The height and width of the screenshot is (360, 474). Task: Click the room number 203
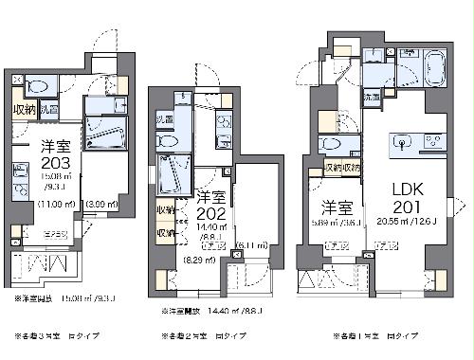tap(53, 161)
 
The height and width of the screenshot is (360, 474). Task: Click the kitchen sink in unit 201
tap(400, 144)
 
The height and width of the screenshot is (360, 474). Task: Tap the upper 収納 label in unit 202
tap(166, 209)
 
